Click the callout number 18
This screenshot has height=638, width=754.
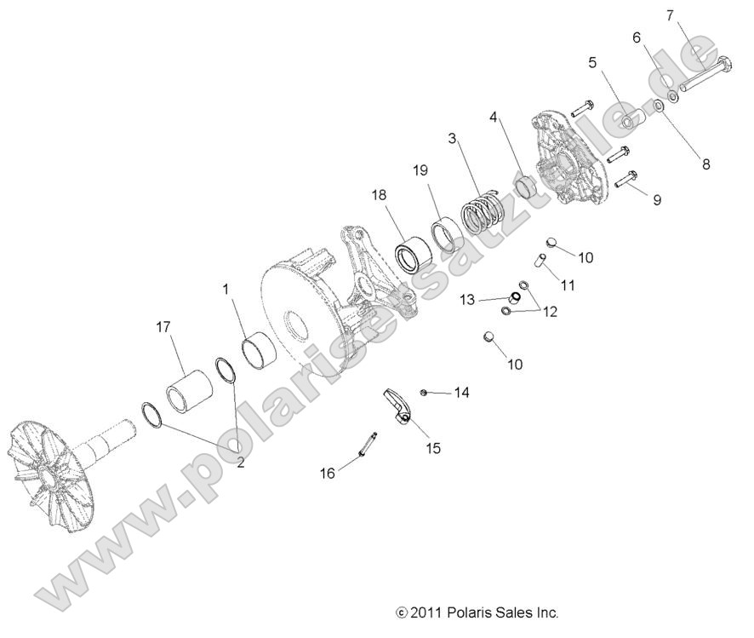click(x=378, y=195)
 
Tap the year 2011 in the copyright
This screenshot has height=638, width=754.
click(x=425, y=612)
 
